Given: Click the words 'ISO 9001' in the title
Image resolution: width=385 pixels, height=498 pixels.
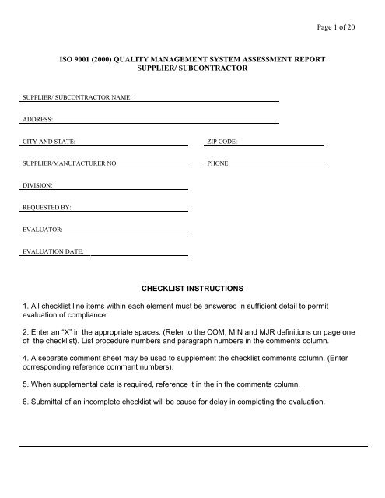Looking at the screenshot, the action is click(x=81, y=59).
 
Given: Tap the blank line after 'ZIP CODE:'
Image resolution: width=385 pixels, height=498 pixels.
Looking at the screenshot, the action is click(x=281, y=143).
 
